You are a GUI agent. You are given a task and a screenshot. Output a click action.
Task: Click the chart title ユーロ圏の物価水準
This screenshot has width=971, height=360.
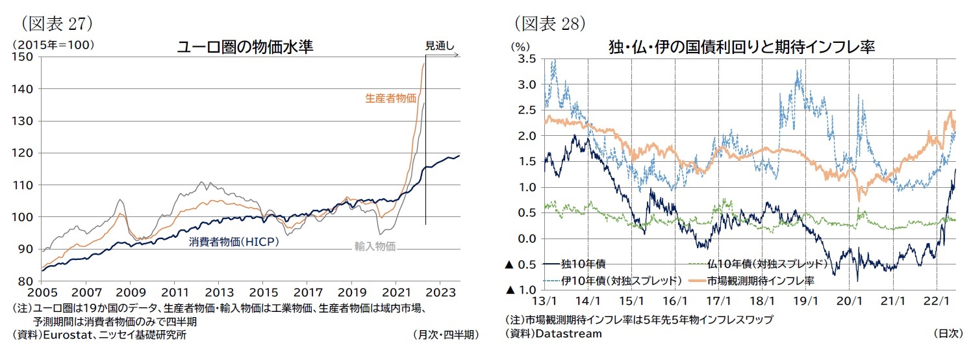click(246, 47)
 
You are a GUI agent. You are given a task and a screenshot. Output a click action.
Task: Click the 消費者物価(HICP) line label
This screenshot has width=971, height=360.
click(233, 242)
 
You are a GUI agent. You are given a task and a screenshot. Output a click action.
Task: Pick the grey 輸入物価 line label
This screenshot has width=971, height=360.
click(375, 246)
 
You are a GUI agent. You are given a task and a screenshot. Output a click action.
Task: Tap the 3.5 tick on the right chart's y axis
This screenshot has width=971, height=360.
click(527, 58)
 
